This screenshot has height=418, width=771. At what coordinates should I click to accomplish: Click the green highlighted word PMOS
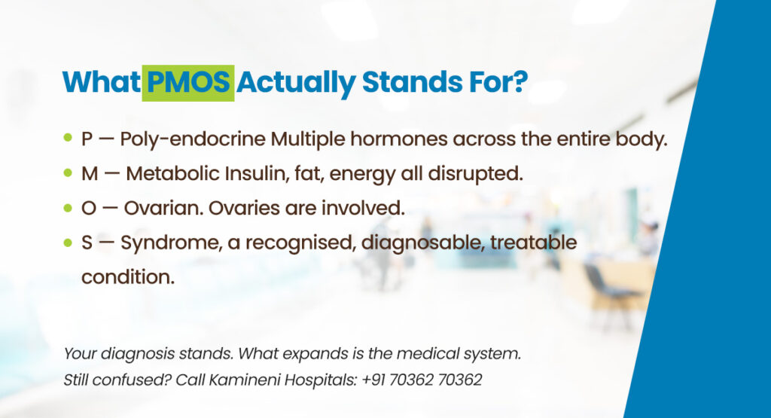187,83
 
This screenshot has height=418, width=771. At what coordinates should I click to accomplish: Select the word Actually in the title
296,84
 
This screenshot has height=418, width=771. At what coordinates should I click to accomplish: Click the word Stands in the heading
412,81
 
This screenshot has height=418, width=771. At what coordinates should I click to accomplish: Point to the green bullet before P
69,137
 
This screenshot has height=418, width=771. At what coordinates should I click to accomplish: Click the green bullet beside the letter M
69,172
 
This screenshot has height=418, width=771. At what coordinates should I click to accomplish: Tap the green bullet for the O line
69,208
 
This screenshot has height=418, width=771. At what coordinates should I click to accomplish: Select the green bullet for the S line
69,242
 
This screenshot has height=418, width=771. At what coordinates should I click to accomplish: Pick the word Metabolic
172,173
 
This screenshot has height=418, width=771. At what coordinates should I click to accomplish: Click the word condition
128,277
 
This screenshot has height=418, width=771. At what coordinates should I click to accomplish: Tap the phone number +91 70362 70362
422,380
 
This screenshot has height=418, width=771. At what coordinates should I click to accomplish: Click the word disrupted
475,173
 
